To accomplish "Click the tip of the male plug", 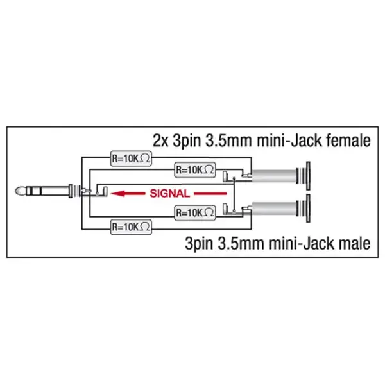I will pyautogui.click(x=19, y=191).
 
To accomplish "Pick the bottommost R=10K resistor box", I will pyautogui.click(x=131, y=227).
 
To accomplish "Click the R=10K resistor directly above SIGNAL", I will pyautogui.click(x=196, y=170).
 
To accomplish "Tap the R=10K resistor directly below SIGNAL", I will pyautogui.click(x=196, y=212).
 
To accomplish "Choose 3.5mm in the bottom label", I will pyautogui.click(x=256, y=244).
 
